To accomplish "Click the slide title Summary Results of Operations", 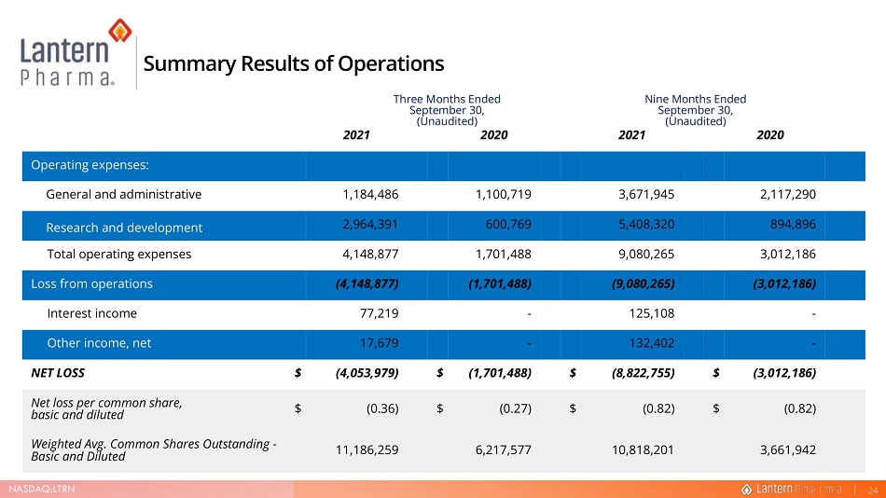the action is pos(293,63).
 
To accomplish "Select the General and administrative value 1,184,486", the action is pos(370,195).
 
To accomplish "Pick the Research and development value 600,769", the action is pos(508,225).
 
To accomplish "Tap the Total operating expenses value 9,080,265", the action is pos(646,255).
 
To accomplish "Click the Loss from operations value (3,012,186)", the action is pos(784,284).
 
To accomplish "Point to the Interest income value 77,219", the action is pos(379,313).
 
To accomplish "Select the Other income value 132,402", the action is pos(652,343).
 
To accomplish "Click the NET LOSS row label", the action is pos(58,373).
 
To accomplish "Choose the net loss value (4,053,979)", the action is pos(367,373).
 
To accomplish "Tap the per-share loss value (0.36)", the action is pos(382,408).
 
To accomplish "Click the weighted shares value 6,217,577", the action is pos(503,450).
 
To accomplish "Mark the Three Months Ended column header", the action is pos(447,110).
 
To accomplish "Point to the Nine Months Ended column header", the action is pos(695,110).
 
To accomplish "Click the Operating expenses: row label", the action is pos(90,165).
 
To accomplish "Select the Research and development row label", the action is pos(124,228).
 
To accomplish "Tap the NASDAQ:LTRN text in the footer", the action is pos(42,489).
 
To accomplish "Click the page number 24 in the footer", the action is pos(873,491).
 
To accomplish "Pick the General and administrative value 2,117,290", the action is pos(788,195).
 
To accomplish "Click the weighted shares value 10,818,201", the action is pos(643,450).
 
